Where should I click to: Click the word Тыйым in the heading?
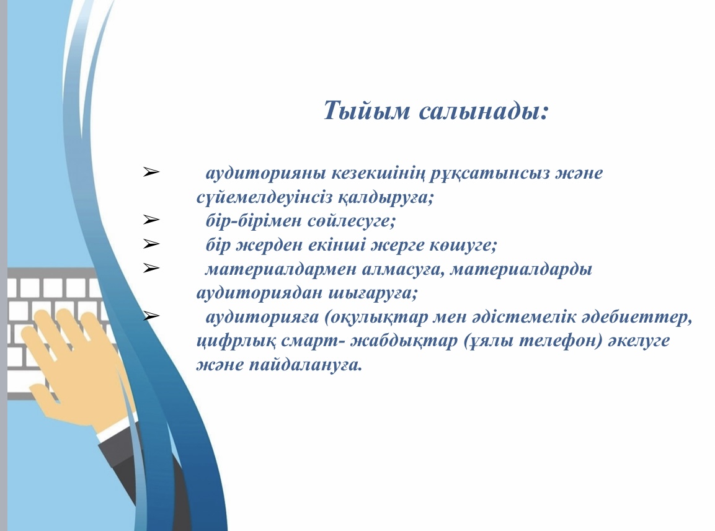coord(366,111)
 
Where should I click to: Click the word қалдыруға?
coord(386,198)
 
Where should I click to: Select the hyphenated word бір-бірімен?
coord(254,221)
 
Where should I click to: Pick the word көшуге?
coord(463,246)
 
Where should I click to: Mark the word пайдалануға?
coord(305,365)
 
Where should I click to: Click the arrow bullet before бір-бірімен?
coord(151,220)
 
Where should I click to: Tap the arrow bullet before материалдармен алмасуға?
coord(151,268)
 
